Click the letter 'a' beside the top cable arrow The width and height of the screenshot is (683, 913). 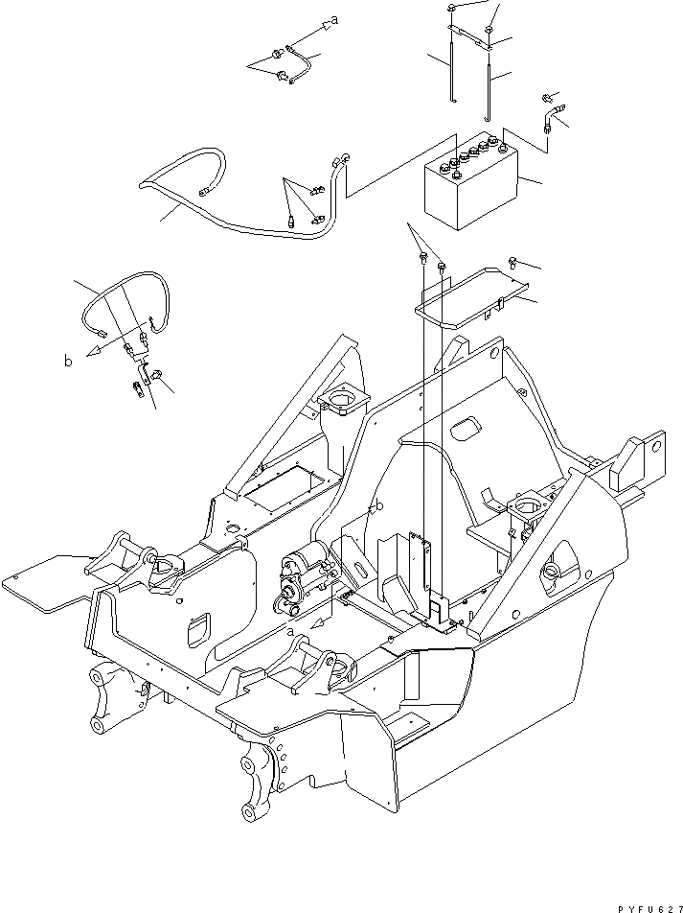[x=335, y=18]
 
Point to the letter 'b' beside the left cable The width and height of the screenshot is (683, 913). [x=67, y=362]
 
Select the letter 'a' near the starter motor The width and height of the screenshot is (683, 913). [x=290, y=632]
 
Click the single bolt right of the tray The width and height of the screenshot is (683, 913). [x=515, y=260]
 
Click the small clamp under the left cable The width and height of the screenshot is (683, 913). [x=142, y=367]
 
